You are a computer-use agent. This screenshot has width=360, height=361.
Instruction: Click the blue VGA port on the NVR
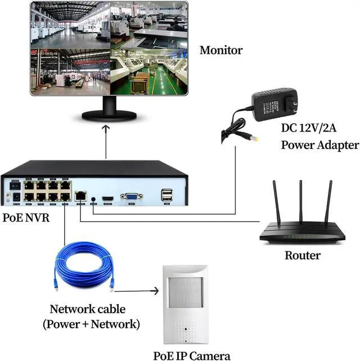(132, 196)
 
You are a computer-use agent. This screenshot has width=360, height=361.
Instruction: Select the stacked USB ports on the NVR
(166, 195)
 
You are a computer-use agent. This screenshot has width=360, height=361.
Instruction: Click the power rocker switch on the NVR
(15, 185)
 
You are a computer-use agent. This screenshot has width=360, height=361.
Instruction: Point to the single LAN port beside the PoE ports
(80, 196)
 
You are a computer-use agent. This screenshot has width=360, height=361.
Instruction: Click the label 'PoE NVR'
(26, 217)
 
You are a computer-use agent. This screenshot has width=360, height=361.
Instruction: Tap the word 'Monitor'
(221, 50)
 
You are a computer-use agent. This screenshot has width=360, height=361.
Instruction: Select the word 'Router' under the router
(302, 256)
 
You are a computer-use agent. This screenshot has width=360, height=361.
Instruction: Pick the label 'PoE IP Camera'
(192, 355)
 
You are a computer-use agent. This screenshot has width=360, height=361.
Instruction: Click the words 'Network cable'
(88, 309)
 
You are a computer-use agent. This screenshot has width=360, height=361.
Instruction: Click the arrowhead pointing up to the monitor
(106, 129)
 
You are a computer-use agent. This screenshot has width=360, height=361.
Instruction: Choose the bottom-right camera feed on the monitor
(148, 73)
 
